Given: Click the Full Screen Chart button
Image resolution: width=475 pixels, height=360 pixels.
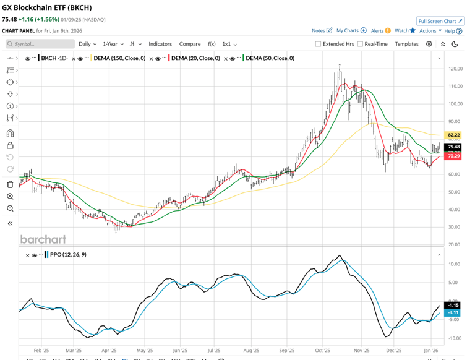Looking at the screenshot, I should click(x=440, y=21).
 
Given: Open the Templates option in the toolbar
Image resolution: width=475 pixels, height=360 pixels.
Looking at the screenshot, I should click(x=406, y=44).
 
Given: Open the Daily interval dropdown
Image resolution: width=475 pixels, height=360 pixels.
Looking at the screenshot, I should click(x=87, y=44).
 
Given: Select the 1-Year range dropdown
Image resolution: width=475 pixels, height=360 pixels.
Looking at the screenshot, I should click(x=113, y=44).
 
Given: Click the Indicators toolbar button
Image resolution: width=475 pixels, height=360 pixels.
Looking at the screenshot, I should click(x=160, y=44).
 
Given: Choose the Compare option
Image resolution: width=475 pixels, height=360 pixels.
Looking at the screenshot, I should click(x=190, y=44).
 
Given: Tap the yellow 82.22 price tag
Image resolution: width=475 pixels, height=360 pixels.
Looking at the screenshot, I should click(x=453, y=135).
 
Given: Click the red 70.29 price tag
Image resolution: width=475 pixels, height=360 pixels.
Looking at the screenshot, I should click(x=453, y=156).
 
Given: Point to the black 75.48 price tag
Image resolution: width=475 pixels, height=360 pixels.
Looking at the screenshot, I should click(x=453, y=147).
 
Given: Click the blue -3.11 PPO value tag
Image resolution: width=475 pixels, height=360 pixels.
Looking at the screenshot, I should click(x=453, y=313).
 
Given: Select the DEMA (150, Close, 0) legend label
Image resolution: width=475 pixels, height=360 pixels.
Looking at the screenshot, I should click(x=119, y=58).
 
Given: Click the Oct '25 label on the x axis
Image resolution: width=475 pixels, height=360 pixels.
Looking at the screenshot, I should click(x=322, y=349).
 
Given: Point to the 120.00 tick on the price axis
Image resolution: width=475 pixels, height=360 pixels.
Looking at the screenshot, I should click(x=455, y=69).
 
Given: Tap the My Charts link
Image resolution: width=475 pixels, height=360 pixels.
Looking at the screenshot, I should click(x=351, y=30).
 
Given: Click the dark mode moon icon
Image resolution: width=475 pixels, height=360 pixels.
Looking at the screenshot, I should click(x=455, y=44).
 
